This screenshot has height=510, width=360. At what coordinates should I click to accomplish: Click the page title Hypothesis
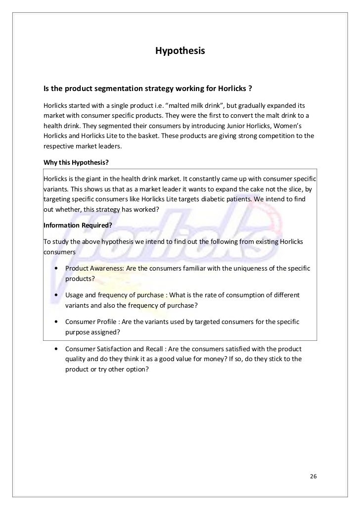tap(180, 51)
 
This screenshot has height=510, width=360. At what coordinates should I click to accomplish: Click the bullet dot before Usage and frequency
tap(58, 295)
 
